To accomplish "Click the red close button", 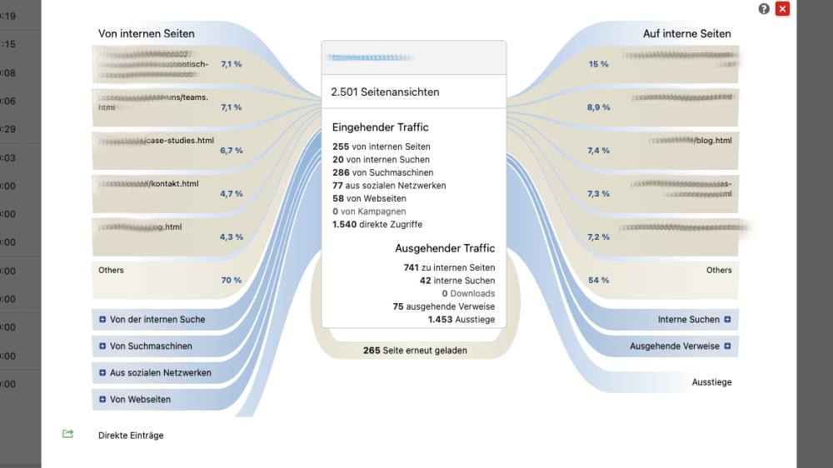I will [782, 9].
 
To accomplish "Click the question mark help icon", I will [764, 9].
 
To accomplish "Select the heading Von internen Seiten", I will [147, 34].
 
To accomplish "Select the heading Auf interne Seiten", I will [687, 34].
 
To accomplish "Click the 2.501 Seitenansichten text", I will [385, 92].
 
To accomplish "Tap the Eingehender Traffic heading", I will [381, 127].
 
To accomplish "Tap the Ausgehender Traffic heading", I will [445, 248].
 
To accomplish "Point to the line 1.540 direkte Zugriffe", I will [377, 224].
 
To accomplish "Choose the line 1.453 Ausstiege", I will [461, 319].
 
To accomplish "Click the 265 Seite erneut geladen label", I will [415, 351].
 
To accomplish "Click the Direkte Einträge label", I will [131, 436].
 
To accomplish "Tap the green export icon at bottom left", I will [68, 434].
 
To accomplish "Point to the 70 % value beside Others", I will [231, 281].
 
